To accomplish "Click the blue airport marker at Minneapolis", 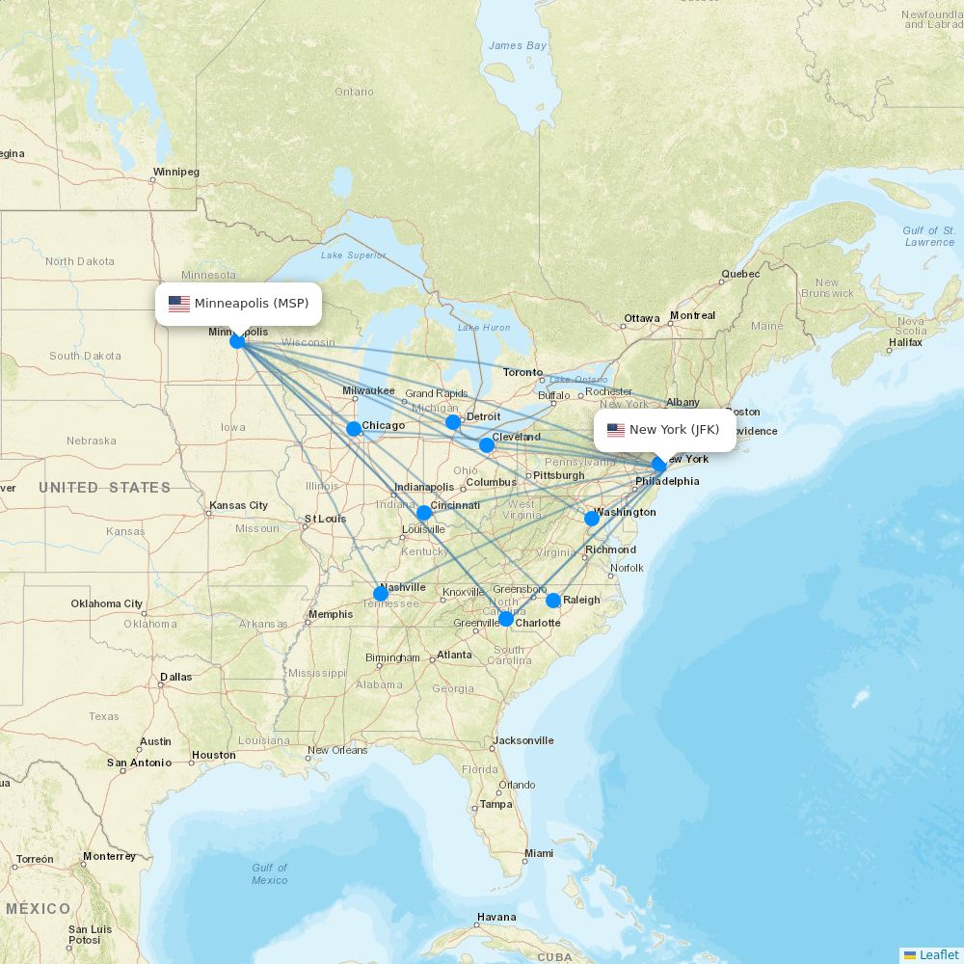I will coord(237,340).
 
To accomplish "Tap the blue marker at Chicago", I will coord(354,429).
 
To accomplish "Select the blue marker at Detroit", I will coord(453,422).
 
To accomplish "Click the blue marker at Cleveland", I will coord(487,445).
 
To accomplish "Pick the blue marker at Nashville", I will coord(381,594).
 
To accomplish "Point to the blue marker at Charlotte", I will coord(506,619).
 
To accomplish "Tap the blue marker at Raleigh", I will coord(553,601).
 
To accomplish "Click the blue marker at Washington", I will coord(592,519).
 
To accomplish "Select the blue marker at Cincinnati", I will coord(424,513).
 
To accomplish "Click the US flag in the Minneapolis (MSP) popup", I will coord(179,304).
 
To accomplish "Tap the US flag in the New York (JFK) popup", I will coord(615,430).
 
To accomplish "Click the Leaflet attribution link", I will coord(938,954).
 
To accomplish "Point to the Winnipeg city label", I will coord(175,173).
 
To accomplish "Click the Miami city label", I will coord(539,853).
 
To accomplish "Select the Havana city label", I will coord(496,917).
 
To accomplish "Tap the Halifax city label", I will coord(906,342).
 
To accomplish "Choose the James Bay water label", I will coord(518,45).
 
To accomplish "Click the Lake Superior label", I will coord(353,255).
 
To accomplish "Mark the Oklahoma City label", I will coord(106,604).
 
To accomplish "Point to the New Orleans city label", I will coord(337,750).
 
